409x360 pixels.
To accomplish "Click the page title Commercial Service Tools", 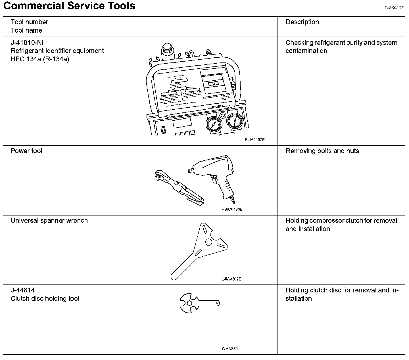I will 69,6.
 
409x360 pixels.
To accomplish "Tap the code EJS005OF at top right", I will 394,8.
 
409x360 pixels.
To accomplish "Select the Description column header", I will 302,22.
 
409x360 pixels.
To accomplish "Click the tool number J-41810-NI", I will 27,43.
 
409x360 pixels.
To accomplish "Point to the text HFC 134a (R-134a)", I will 40,59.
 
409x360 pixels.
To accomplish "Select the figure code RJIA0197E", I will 255,140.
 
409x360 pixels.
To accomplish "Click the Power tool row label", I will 26,151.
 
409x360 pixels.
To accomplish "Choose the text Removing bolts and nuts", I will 322,151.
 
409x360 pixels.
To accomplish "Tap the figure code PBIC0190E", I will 232,210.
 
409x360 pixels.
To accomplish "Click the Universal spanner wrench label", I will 49,221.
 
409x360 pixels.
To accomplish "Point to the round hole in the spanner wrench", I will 208,242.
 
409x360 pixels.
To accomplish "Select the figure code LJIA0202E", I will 231,279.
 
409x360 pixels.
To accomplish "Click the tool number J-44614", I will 23,290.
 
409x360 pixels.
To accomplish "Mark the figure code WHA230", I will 229,349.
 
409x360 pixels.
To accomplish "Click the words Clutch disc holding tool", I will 45,299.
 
